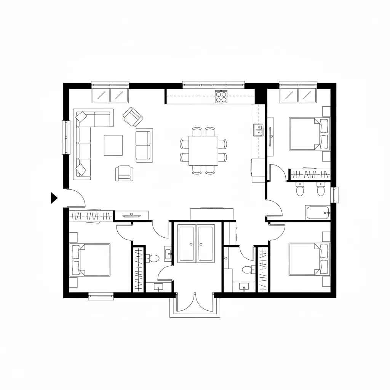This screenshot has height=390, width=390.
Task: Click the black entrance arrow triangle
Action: coord(54,198)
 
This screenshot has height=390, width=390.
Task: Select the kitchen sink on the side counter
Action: coord(258,130)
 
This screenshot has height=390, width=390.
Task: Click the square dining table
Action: coord(203,150)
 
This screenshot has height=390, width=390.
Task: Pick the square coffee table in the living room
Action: coord(113,145)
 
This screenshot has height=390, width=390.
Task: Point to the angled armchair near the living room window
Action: coord(133,117)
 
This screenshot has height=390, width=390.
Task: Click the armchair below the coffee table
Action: coord(124,173)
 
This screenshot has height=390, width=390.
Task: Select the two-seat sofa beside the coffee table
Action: coord(144,145)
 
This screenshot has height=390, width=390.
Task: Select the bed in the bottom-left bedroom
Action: coord(90,260)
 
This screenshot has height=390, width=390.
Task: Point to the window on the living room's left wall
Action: coord(66,137)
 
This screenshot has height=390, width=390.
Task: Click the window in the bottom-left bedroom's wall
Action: coord(101,296)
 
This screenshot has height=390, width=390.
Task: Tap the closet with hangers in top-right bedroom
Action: coord(309,174)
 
